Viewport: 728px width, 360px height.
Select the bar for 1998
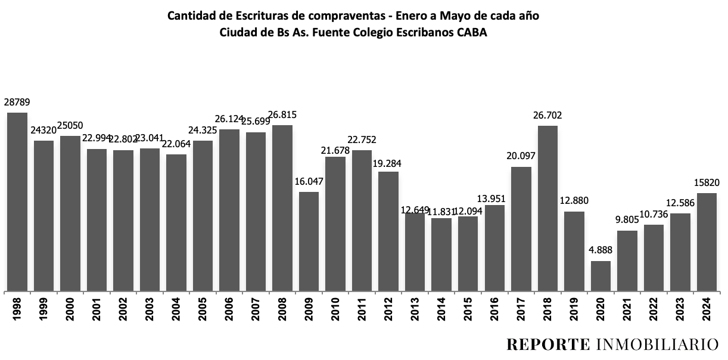pos(17,203)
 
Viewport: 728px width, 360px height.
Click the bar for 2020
pos(601,277)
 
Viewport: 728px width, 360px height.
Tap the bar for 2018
pos(547,209)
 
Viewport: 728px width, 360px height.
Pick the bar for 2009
pos(309,241)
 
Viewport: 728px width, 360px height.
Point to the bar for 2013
pos(415,252)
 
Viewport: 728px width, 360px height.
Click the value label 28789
pos(17,103)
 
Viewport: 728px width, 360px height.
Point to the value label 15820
pos(707,183)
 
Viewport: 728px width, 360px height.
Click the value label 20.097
pos(521,157)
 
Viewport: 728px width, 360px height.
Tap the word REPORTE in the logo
pos(546,345)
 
